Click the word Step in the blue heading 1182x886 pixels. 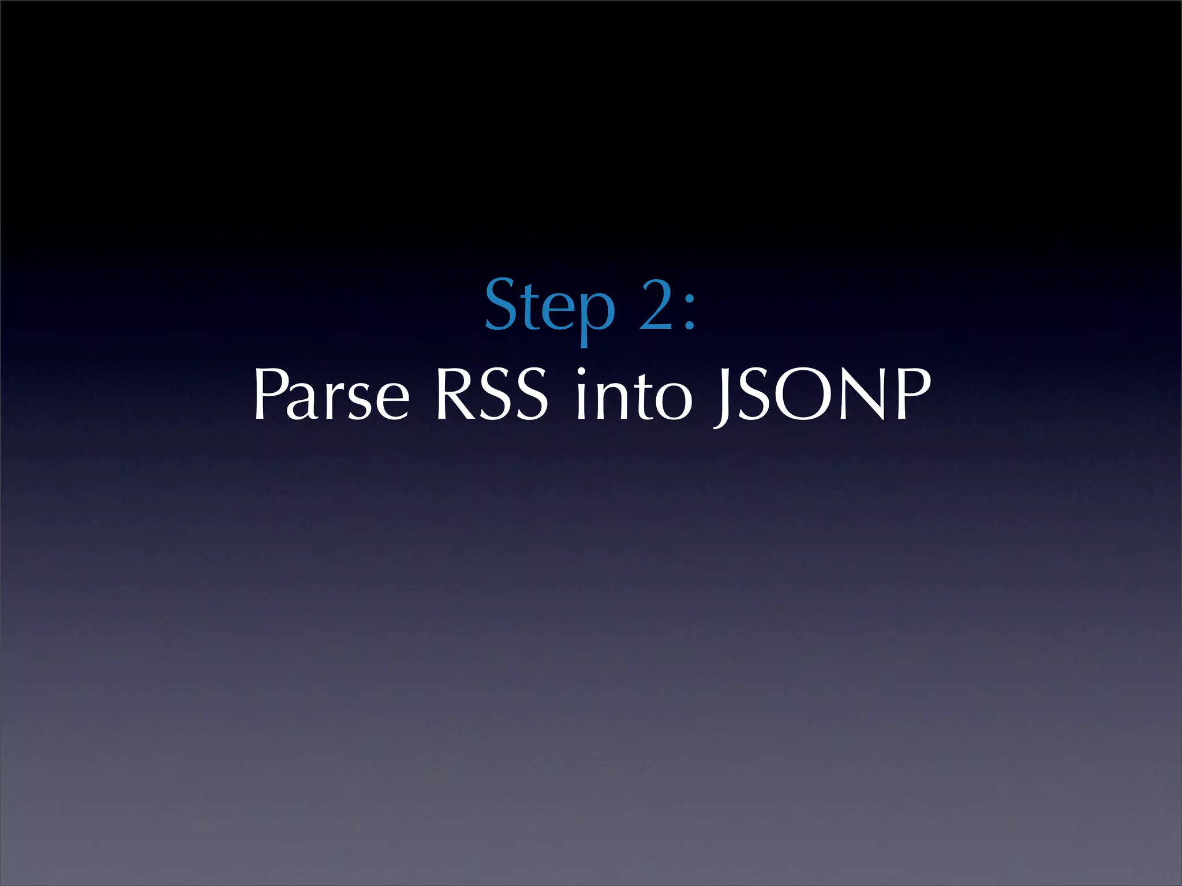tap(549, 306)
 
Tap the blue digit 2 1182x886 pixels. tap(656, 306)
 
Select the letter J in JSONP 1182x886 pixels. tap(721, 398)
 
